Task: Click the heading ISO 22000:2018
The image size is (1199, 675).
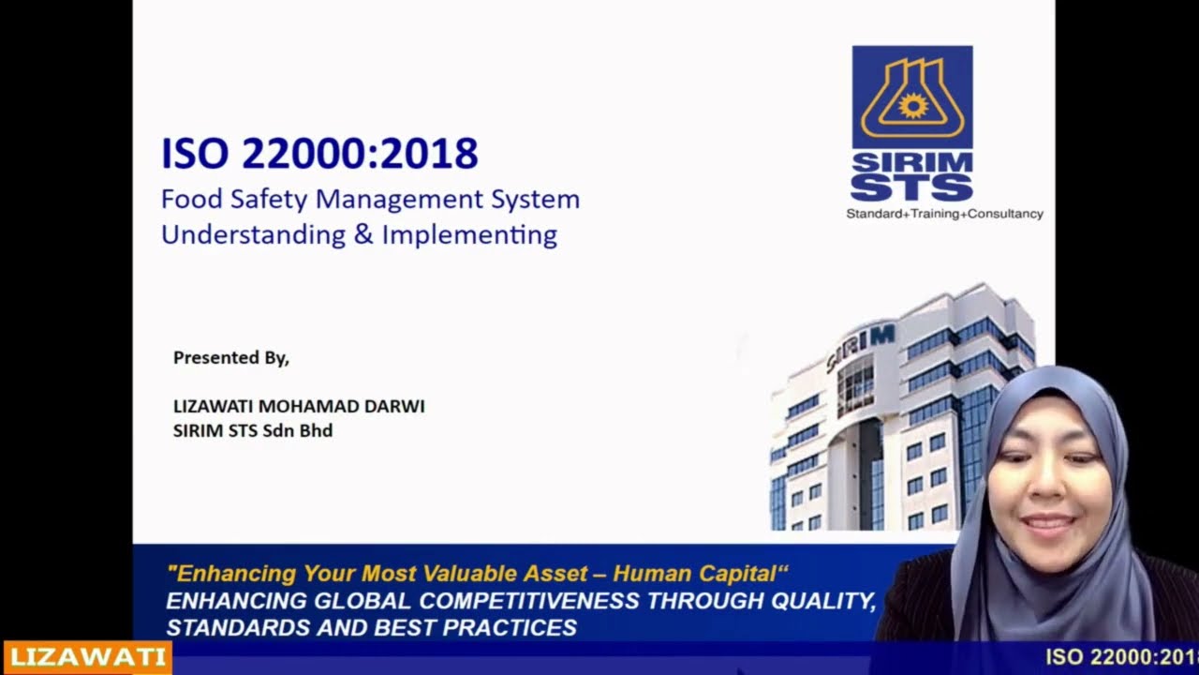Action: pyautogui.click(x=319, y=154)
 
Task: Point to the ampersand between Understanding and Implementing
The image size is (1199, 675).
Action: pyautogui.click(x=363, y=234)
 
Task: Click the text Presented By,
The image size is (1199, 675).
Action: pyautogui.click(x=231, y=357)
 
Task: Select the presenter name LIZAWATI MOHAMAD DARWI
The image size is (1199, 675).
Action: pyautogui.click(x=299, y=406)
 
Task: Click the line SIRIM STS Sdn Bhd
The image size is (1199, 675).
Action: pyautogui.click(x=253, y=430)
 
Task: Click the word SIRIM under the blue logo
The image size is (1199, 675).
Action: pyautogui.click(x=912, y=162)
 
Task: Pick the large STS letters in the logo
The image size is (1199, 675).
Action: pyautogui.click(x=912, y=187)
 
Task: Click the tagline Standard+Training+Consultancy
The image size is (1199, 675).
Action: pyautogui.click(x=944, y=214)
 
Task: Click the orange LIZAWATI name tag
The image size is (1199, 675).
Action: pyautogui.click(x=87, y=658)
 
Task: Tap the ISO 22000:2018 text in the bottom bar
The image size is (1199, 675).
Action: pyautogui.click(x=1121, y=657)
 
